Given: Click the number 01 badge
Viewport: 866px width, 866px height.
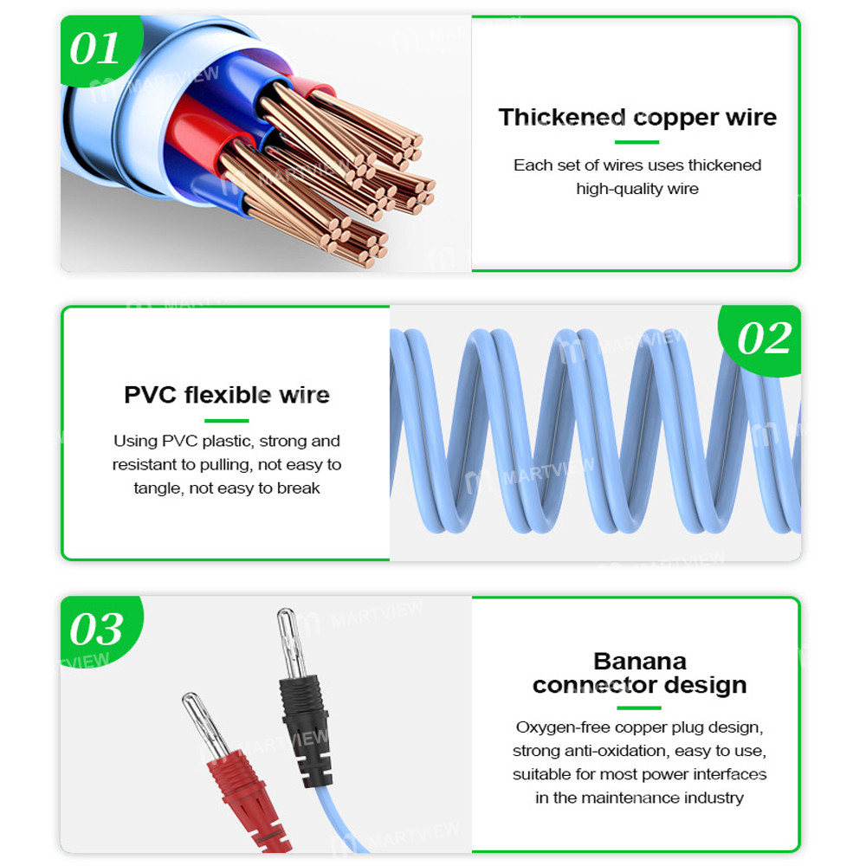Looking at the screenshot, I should pos(94,48).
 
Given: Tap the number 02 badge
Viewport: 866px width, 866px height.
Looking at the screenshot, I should pos(764,338).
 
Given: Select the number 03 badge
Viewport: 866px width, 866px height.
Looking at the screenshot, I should pos(96,630).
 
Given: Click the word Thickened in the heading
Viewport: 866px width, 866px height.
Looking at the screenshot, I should pos(561,118).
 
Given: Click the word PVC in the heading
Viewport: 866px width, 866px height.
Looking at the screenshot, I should pos(151,396).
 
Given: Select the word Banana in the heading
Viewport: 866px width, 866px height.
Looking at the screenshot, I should pos(639,662).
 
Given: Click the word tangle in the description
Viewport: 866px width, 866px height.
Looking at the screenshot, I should pos(156,488).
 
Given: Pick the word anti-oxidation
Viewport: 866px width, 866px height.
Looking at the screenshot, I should pos(623,751).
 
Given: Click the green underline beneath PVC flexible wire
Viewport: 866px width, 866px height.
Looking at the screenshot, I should pos(227,421).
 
